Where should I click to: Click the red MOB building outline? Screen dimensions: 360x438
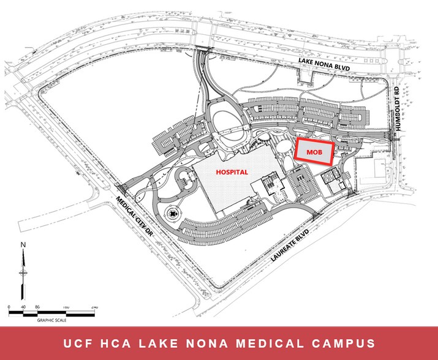[x=314, y=151]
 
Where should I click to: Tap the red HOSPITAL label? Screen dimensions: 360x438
[x=233, y=172]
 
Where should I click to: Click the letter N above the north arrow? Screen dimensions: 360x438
[x=23, y=244]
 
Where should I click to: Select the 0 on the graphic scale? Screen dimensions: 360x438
[x=10, y=306]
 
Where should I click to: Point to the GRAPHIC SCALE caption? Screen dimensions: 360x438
[x=52, y=320]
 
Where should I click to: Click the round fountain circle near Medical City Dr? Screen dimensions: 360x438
[x=174, y=214]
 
